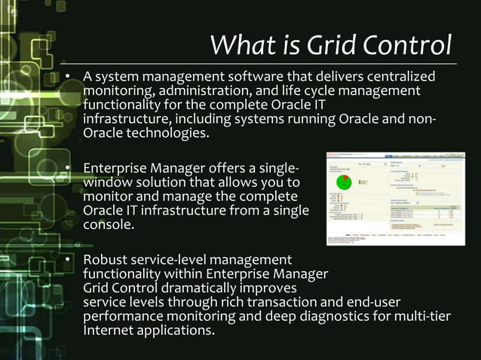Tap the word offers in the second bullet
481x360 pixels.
(230, 168)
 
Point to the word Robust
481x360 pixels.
(106, 260)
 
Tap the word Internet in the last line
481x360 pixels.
(109, 331)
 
